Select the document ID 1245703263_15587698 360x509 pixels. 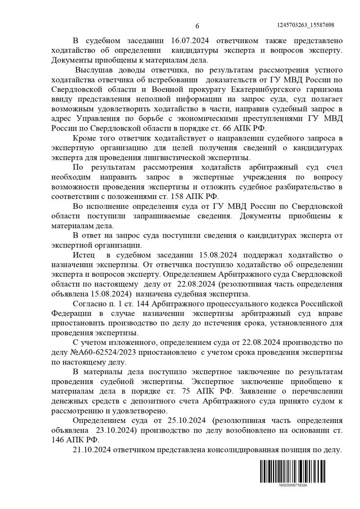(306, 25)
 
